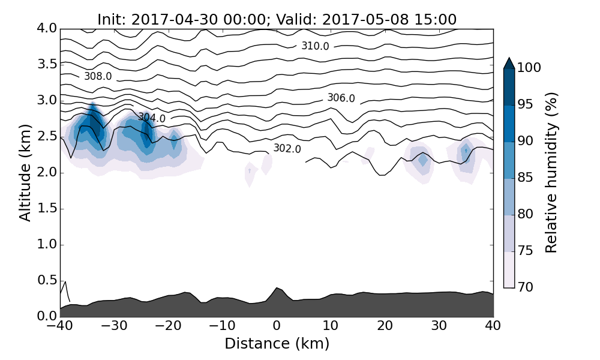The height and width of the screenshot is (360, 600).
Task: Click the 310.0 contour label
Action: (315, 46)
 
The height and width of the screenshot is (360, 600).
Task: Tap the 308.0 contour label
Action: (98, 77)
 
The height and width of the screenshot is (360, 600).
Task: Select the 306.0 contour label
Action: (341, 98)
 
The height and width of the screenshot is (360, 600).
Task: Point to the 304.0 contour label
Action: (152, 118)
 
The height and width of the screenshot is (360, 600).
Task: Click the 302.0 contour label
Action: (287, 148)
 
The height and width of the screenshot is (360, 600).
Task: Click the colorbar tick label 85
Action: (526, 178)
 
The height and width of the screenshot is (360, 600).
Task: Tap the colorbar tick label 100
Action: (529, 68)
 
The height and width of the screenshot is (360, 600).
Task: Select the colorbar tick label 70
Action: (526, 287)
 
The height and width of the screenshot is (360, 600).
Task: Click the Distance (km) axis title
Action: (277, 344)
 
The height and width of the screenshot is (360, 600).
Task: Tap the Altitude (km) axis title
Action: (25, 173)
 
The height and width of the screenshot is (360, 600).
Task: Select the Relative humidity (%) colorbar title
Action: (551, 173)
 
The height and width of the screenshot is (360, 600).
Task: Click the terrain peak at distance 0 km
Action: (277, 288)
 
